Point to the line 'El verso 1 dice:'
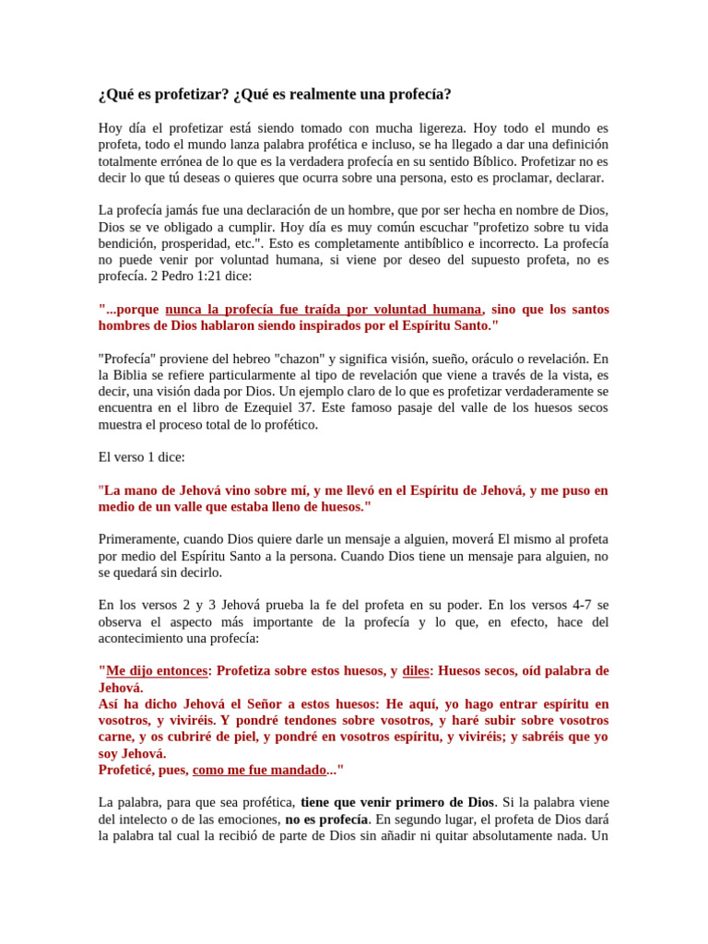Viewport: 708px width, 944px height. click(142, 457)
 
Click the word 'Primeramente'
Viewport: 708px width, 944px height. click(137, 539)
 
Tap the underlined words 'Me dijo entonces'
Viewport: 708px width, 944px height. click(156, 671)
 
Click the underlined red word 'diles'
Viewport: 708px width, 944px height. click(416, 671)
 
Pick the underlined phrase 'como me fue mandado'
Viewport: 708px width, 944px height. click(260, 771)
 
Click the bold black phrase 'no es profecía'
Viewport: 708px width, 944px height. click(326, 820)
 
